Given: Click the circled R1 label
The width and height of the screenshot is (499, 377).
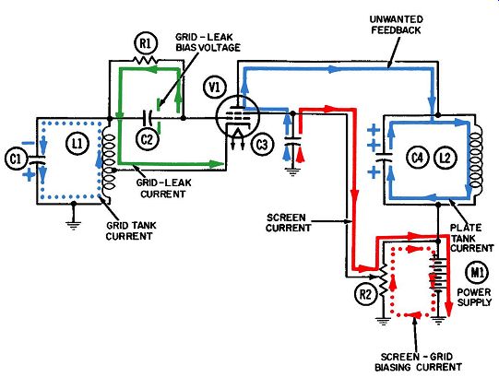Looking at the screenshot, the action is (146, 43).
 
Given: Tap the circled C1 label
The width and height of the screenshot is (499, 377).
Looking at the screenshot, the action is (16, 159).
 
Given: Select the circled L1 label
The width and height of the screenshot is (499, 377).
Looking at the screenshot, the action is (77, 144).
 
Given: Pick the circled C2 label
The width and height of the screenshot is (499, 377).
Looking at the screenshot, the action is (147, 139).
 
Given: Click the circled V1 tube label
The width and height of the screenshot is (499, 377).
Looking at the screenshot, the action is (215, 88).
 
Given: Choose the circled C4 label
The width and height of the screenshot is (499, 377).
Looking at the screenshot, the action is (417, 158).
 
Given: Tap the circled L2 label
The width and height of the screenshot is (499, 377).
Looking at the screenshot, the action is (445, 158).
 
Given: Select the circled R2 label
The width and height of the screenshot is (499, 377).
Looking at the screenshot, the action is (365, 294).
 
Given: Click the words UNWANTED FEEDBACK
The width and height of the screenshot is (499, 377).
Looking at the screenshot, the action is (397, 25).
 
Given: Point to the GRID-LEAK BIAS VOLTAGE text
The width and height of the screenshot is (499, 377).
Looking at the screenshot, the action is (208, 42).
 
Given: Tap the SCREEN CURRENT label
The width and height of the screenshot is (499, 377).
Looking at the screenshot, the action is (288, 223).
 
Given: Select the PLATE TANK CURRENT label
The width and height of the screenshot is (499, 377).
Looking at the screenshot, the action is (471, 238).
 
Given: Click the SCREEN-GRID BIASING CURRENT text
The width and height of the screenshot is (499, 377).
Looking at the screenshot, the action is (418, 361).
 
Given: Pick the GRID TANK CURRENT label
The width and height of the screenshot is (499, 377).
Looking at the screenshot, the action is (131, 230).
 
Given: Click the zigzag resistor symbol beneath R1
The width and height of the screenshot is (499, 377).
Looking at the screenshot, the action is (145, 60).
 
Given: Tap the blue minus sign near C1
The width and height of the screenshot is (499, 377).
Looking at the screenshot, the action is (30, 144).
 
